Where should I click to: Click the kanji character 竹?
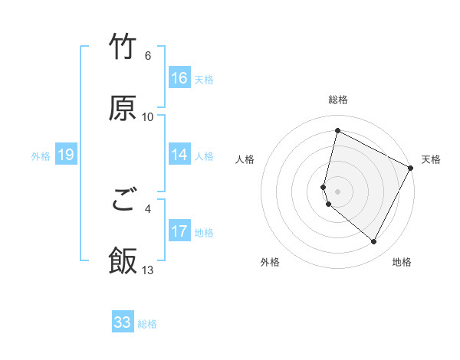click(123, 47)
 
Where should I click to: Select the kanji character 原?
click(123, 108)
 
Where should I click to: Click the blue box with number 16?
click(179, 78)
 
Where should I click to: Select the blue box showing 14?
click(179, 155)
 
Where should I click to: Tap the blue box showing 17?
click(179, 231)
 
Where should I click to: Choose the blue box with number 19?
click(66, 155)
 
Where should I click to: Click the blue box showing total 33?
click(123, 322)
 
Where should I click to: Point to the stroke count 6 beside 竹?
click(148, 56)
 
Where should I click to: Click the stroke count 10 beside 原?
click(148, 117)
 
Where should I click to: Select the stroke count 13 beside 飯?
click(148, 270)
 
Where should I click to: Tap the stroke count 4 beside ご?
click(148, 208)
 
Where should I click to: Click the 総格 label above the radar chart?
click(338, 100)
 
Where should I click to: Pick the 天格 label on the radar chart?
click(431, 159)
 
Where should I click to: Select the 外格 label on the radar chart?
click(270, 262)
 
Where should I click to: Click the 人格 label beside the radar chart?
click(245, 159)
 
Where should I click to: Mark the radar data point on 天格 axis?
click(411, 169)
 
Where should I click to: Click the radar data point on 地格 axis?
click(373, 242)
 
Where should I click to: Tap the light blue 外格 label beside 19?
click(41, 155)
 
